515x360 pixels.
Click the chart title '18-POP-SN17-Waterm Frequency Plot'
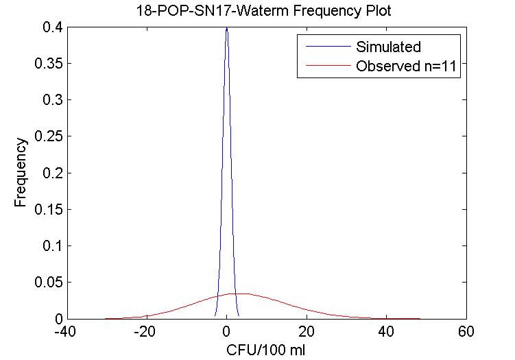265,11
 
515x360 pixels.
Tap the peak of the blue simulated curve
226,28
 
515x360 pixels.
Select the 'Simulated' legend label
387,47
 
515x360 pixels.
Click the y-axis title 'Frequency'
21,173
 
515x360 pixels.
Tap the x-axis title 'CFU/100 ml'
266,350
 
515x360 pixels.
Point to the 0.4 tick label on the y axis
49,27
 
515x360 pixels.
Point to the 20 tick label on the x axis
307,332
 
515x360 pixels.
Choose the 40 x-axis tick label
387,332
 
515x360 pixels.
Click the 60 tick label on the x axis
467,332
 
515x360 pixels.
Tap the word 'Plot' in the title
379,11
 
